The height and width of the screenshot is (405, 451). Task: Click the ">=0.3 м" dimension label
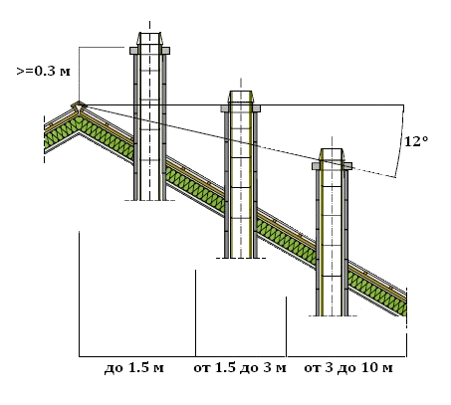tap(43, 72)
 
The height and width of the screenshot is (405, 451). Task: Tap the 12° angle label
tap(416, 141)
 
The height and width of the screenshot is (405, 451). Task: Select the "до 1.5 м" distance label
tap(134, 368)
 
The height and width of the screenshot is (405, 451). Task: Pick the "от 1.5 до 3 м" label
tap(240, 368)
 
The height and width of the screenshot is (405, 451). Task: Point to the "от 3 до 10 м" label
tap(348, 368)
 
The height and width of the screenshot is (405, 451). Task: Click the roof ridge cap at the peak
tap(79, 106)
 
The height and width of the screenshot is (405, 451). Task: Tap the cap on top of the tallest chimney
tap(149, 39)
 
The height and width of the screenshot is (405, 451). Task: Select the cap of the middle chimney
tap(241, 97)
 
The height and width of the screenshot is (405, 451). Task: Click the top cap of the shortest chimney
tap(332, 154)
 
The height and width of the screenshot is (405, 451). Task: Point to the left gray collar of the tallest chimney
tap(133, 51)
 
